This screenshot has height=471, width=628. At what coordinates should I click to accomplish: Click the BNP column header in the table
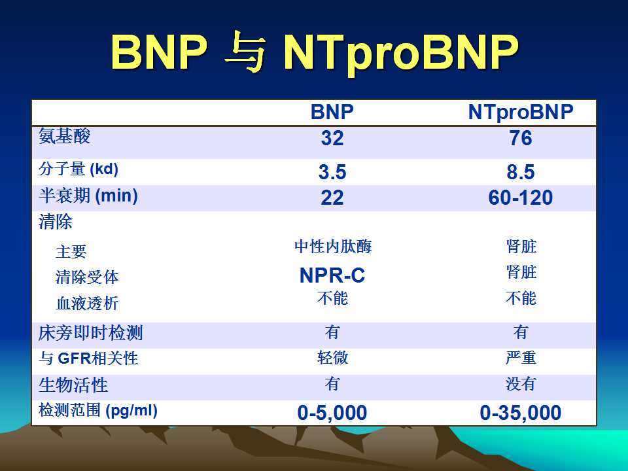[332, 112]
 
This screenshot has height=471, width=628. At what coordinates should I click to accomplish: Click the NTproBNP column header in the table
[521, 113]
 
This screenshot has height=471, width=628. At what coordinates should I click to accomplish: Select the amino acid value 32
[332, 138]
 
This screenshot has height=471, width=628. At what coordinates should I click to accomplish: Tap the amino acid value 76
[521, 138]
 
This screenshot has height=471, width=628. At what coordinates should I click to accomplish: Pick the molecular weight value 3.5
[332, 172]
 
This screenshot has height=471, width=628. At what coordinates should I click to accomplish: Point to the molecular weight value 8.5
[521, 172]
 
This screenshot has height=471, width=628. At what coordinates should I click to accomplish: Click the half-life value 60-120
[521, 198]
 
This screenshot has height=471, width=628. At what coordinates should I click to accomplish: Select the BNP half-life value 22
[332, 198]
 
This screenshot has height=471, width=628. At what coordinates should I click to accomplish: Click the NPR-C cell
[332, 275]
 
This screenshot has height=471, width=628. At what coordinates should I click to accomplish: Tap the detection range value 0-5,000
[332, 413]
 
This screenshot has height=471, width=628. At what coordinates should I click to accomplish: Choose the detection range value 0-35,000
[521, 413]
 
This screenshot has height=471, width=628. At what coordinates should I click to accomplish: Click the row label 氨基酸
[65, 136]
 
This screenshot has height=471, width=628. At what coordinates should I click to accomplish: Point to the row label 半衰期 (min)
[88, 196]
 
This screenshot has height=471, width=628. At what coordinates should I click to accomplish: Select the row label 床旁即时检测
[90, 333]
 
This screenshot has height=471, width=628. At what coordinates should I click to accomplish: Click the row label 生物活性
[73, 385]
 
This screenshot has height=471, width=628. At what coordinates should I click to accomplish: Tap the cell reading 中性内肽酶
[333, 247]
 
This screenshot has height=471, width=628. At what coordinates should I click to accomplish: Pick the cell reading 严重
[521, 358]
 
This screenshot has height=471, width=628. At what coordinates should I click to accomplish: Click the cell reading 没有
[521, 384]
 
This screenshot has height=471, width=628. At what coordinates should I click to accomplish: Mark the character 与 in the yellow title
[245, 52]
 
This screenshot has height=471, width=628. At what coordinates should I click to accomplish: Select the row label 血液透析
[87, 303]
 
